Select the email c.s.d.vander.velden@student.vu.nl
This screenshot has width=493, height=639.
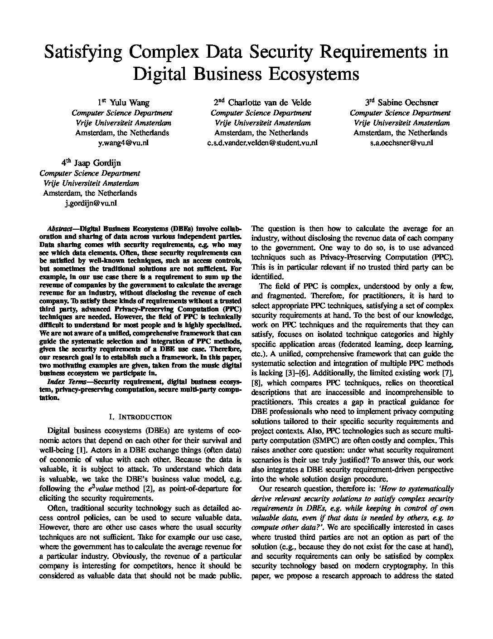(261, 143)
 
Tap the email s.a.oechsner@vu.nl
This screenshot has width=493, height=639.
(400, 143)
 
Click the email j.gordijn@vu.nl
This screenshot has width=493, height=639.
(90, 203)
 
